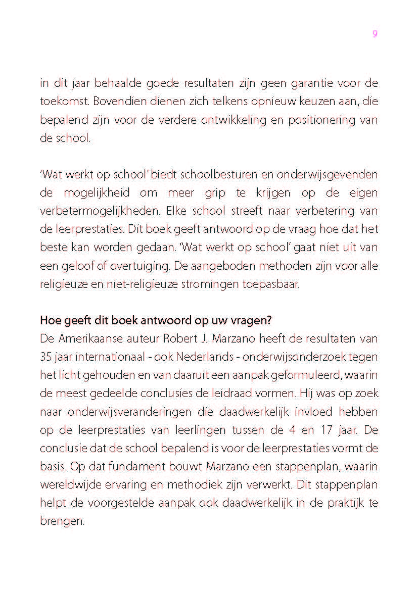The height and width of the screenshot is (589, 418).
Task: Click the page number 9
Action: pyautogui.click(x=375, y=34)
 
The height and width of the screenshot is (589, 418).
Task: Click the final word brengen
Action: pyautogui.click(x=62, y=521)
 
